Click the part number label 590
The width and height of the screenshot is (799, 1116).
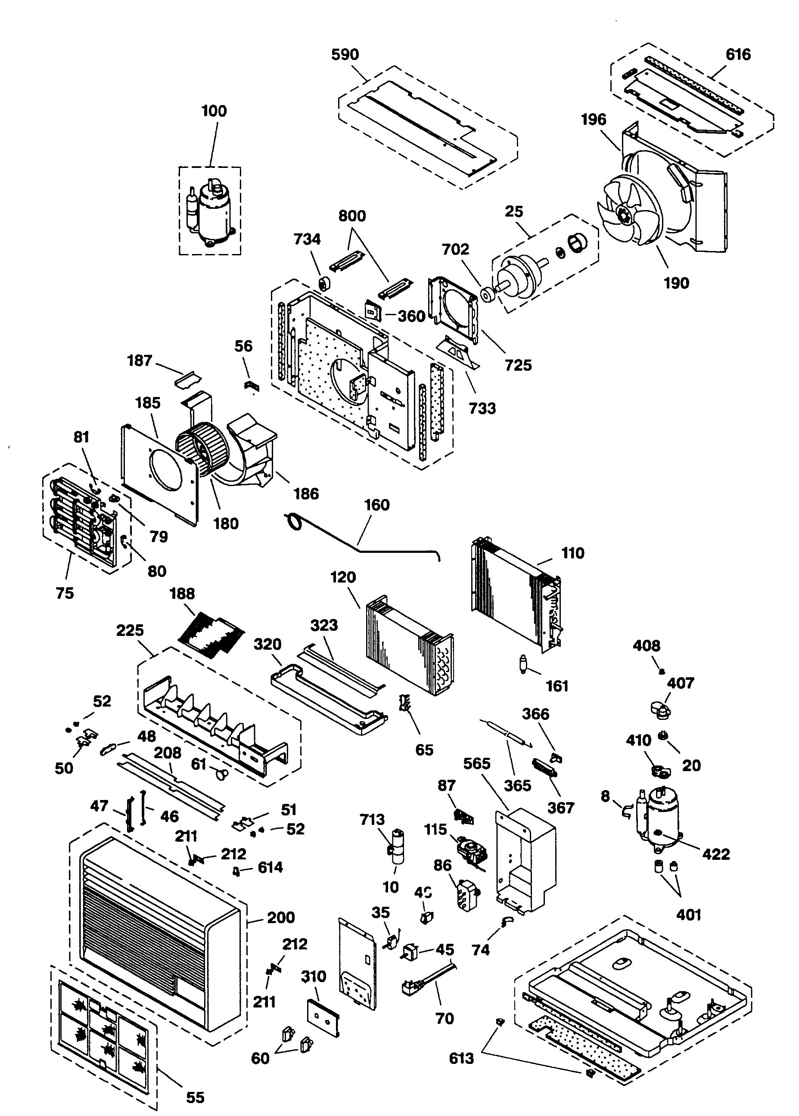click(345, 54)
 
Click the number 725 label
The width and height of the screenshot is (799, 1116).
click(518, 365)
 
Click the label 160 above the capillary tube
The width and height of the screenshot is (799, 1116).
click(376, 505)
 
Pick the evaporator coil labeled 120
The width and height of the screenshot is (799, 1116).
click(408, 644)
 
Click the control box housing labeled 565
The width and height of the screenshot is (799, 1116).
click(524, 858)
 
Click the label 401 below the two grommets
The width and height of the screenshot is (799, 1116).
click(688, 915)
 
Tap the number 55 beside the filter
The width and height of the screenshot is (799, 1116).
click(195, 1097)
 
